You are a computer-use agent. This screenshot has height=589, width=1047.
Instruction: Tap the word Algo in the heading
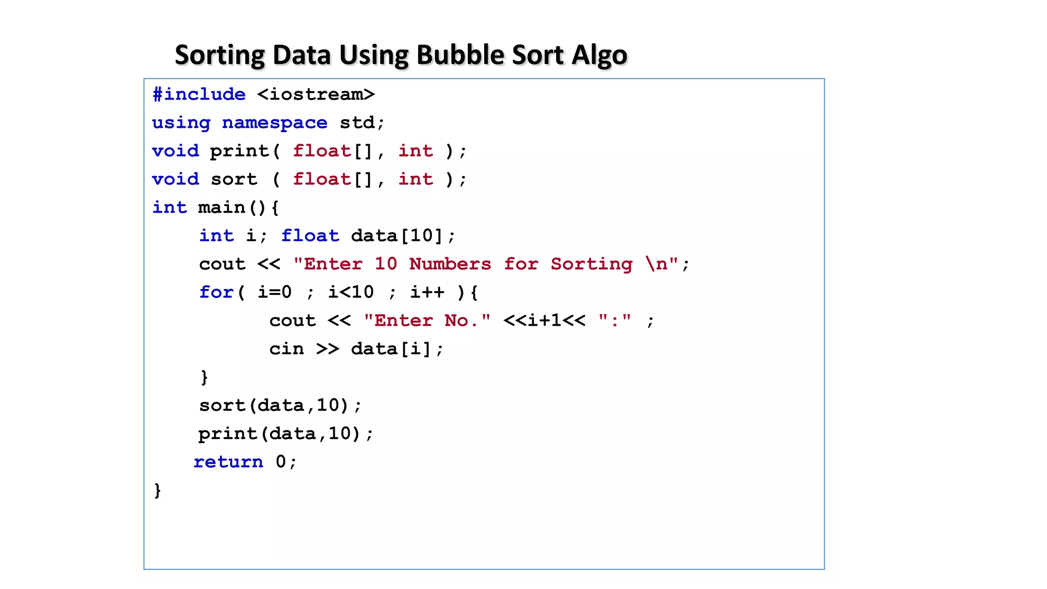(599, 56)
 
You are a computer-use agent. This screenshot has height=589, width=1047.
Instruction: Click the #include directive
(199, 95)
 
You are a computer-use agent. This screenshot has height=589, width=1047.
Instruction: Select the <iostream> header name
(316, 95)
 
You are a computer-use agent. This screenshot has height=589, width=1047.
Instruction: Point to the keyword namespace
(275, 123)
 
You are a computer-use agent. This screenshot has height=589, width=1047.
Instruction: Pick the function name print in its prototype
(239, 151)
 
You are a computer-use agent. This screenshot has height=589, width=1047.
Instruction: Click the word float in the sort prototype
(322, 179)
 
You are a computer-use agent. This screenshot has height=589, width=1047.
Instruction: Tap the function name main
(221, 208)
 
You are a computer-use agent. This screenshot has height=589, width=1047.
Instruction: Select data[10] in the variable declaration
(397, 236)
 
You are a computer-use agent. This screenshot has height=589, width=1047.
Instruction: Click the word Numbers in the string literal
(450, 264)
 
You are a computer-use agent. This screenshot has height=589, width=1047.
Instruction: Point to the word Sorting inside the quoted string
(591, 264)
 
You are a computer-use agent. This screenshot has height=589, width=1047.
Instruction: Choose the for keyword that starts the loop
(216, 292)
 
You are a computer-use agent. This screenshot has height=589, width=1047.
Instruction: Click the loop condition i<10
(351, 292)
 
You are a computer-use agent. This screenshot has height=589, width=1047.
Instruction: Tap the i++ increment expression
(427, 292)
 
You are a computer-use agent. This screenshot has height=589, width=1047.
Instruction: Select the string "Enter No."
(427, 321)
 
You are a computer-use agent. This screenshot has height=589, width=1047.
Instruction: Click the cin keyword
(286, 349)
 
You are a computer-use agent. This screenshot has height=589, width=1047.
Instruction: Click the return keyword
(228, 462)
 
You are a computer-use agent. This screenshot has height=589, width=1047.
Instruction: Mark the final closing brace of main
(157, 490)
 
